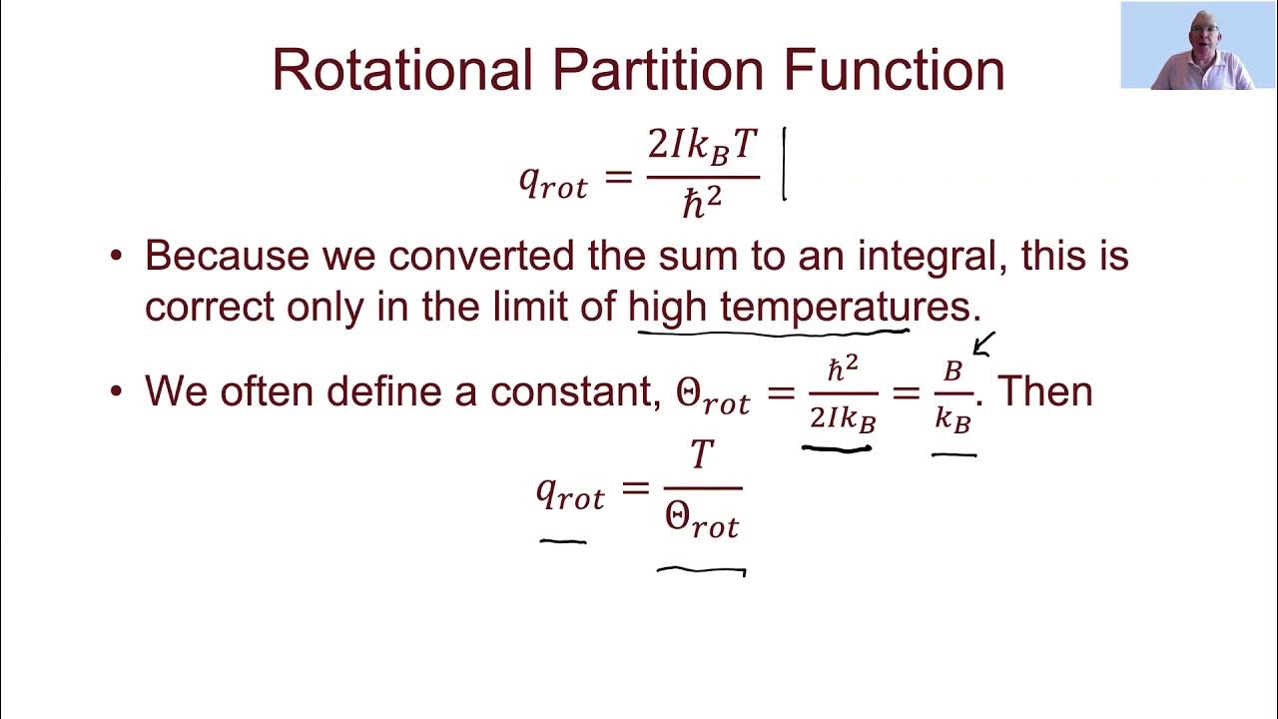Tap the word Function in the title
coord(894,70)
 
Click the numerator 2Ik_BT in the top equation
coord(704,146)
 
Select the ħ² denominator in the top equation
coord(703,203)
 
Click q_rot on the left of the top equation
coord(553,181)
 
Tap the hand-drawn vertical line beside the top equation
coord(784,164)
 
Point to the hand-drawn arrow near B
coord(983,345)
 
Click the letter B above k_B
coord(954,371)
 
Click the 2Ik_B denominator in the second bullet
coord(842,418)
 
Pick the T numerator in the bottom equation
coord(702,455)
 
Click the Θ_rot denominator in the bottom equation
coord(702,521)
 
